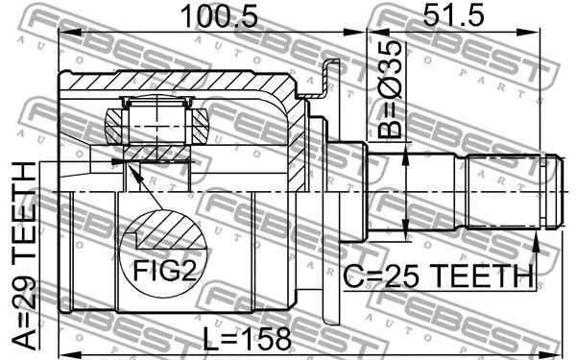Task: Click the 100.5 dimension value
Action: coord(219,16)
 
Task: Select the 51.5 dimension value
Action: coord(453,14)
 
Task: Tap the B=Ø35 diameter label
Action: coord(390,90)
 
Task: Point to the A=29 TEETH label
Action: coord(24,255)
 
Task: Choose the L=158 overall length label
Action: coord(247,339)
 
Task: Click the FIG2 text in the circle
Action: coord(164,271)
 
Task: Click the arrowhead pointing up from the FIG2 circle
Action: coord(134,172)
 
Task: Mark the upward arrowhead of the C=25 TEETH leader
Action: coord(537,243)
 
